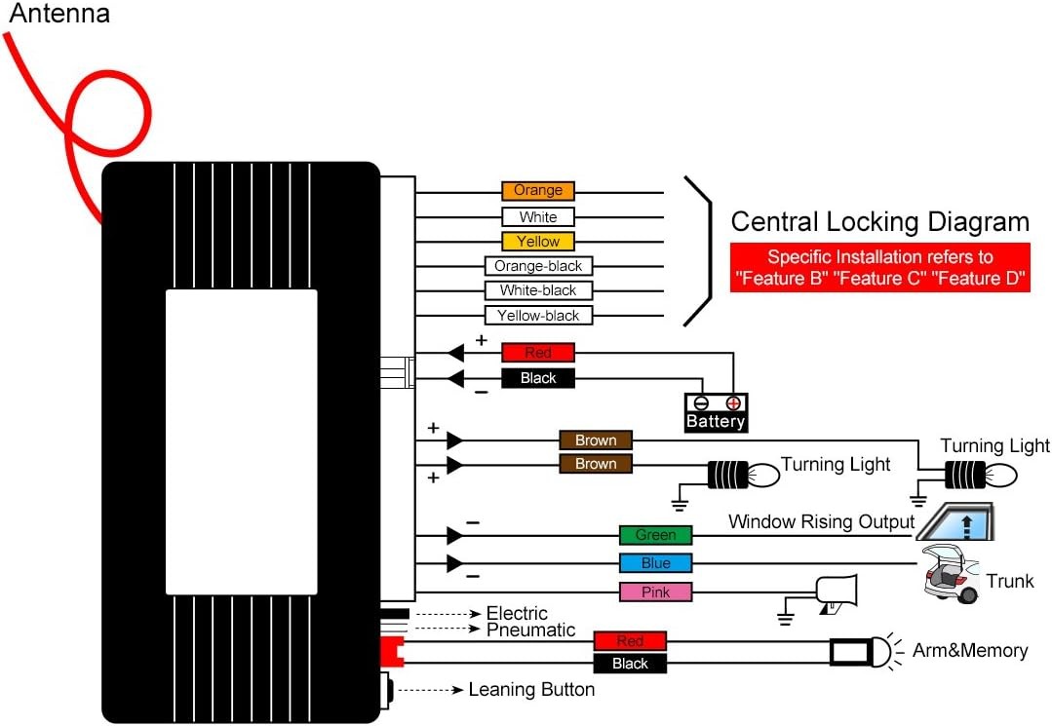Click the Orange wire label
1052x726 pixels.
pos(538,191)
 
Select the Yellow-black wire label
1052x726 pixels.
pos(538,315)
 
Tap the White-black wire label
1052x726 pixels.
pos(538,290)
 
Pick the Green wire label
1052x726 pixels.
pos(655,535)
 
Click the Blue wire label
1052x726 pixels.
pos(655,563)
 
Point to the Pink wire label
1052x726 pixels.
pos(655,592)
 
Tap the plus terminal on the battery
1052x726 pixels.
pos(733,402)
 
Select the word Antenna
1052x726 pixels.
pos(59,14)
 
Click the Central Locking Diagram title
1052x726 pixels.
pos(879,221)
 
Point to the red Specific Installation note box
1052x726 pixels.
pos(879,267)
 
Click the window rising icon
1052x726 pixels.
pos(955,521)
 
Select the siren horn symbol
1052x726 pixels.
pos(836,593)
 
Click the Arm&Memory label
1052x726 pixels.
pos(970,650)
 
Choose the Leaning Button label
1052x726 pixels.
pos(531,689)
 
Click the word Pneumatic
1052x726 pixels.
pos(530,630)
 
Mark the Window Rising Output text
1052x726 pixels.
pos(821,521)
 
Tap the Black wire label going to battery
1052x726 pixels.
pos(538,378)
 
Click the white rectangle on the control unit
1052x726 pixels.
pos(242,441)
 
